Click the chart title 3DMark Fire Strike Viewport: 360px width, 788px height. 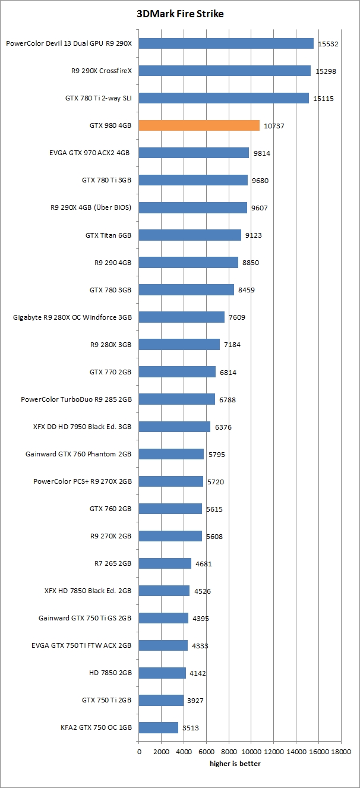coord(180,14)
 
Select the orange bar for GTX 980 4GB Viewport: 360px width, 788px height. coord(199,125)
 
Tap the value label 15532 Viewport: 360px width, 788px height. coord(329,44)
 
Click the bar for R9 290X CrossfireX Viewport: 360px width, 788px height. coord(225,71)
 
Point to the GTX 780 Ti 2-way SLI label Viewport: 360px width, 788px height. coord(98,98)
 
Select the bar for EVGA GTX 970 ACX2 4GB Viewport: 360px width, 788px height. coord(194,153)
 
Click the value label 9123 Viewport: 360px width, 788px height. coord(254,235)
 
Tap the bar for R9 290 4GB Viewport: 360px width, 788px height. coord(188,263)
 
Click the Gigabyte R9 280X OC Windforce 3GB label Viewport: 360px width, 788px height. coord(72,317)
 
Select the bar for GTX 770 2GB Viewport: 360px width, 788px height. coord(177,372)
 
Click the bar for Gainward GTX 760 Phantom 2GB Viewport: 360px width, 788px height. coord(171,454)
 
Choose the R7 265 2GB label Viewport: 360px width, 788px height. coord(112,563)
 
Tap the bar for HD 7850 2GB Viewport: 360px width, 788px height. coord(162,673)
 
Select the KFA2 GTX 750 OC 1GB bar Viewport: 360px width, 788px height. coord(159,728)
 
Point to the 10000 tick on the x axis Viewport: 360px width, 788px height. coord(251,751)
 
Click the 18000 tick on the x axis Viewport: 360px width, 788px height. coord(341,751)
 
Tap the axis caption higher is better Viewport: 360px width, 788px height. coord(235,764)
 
